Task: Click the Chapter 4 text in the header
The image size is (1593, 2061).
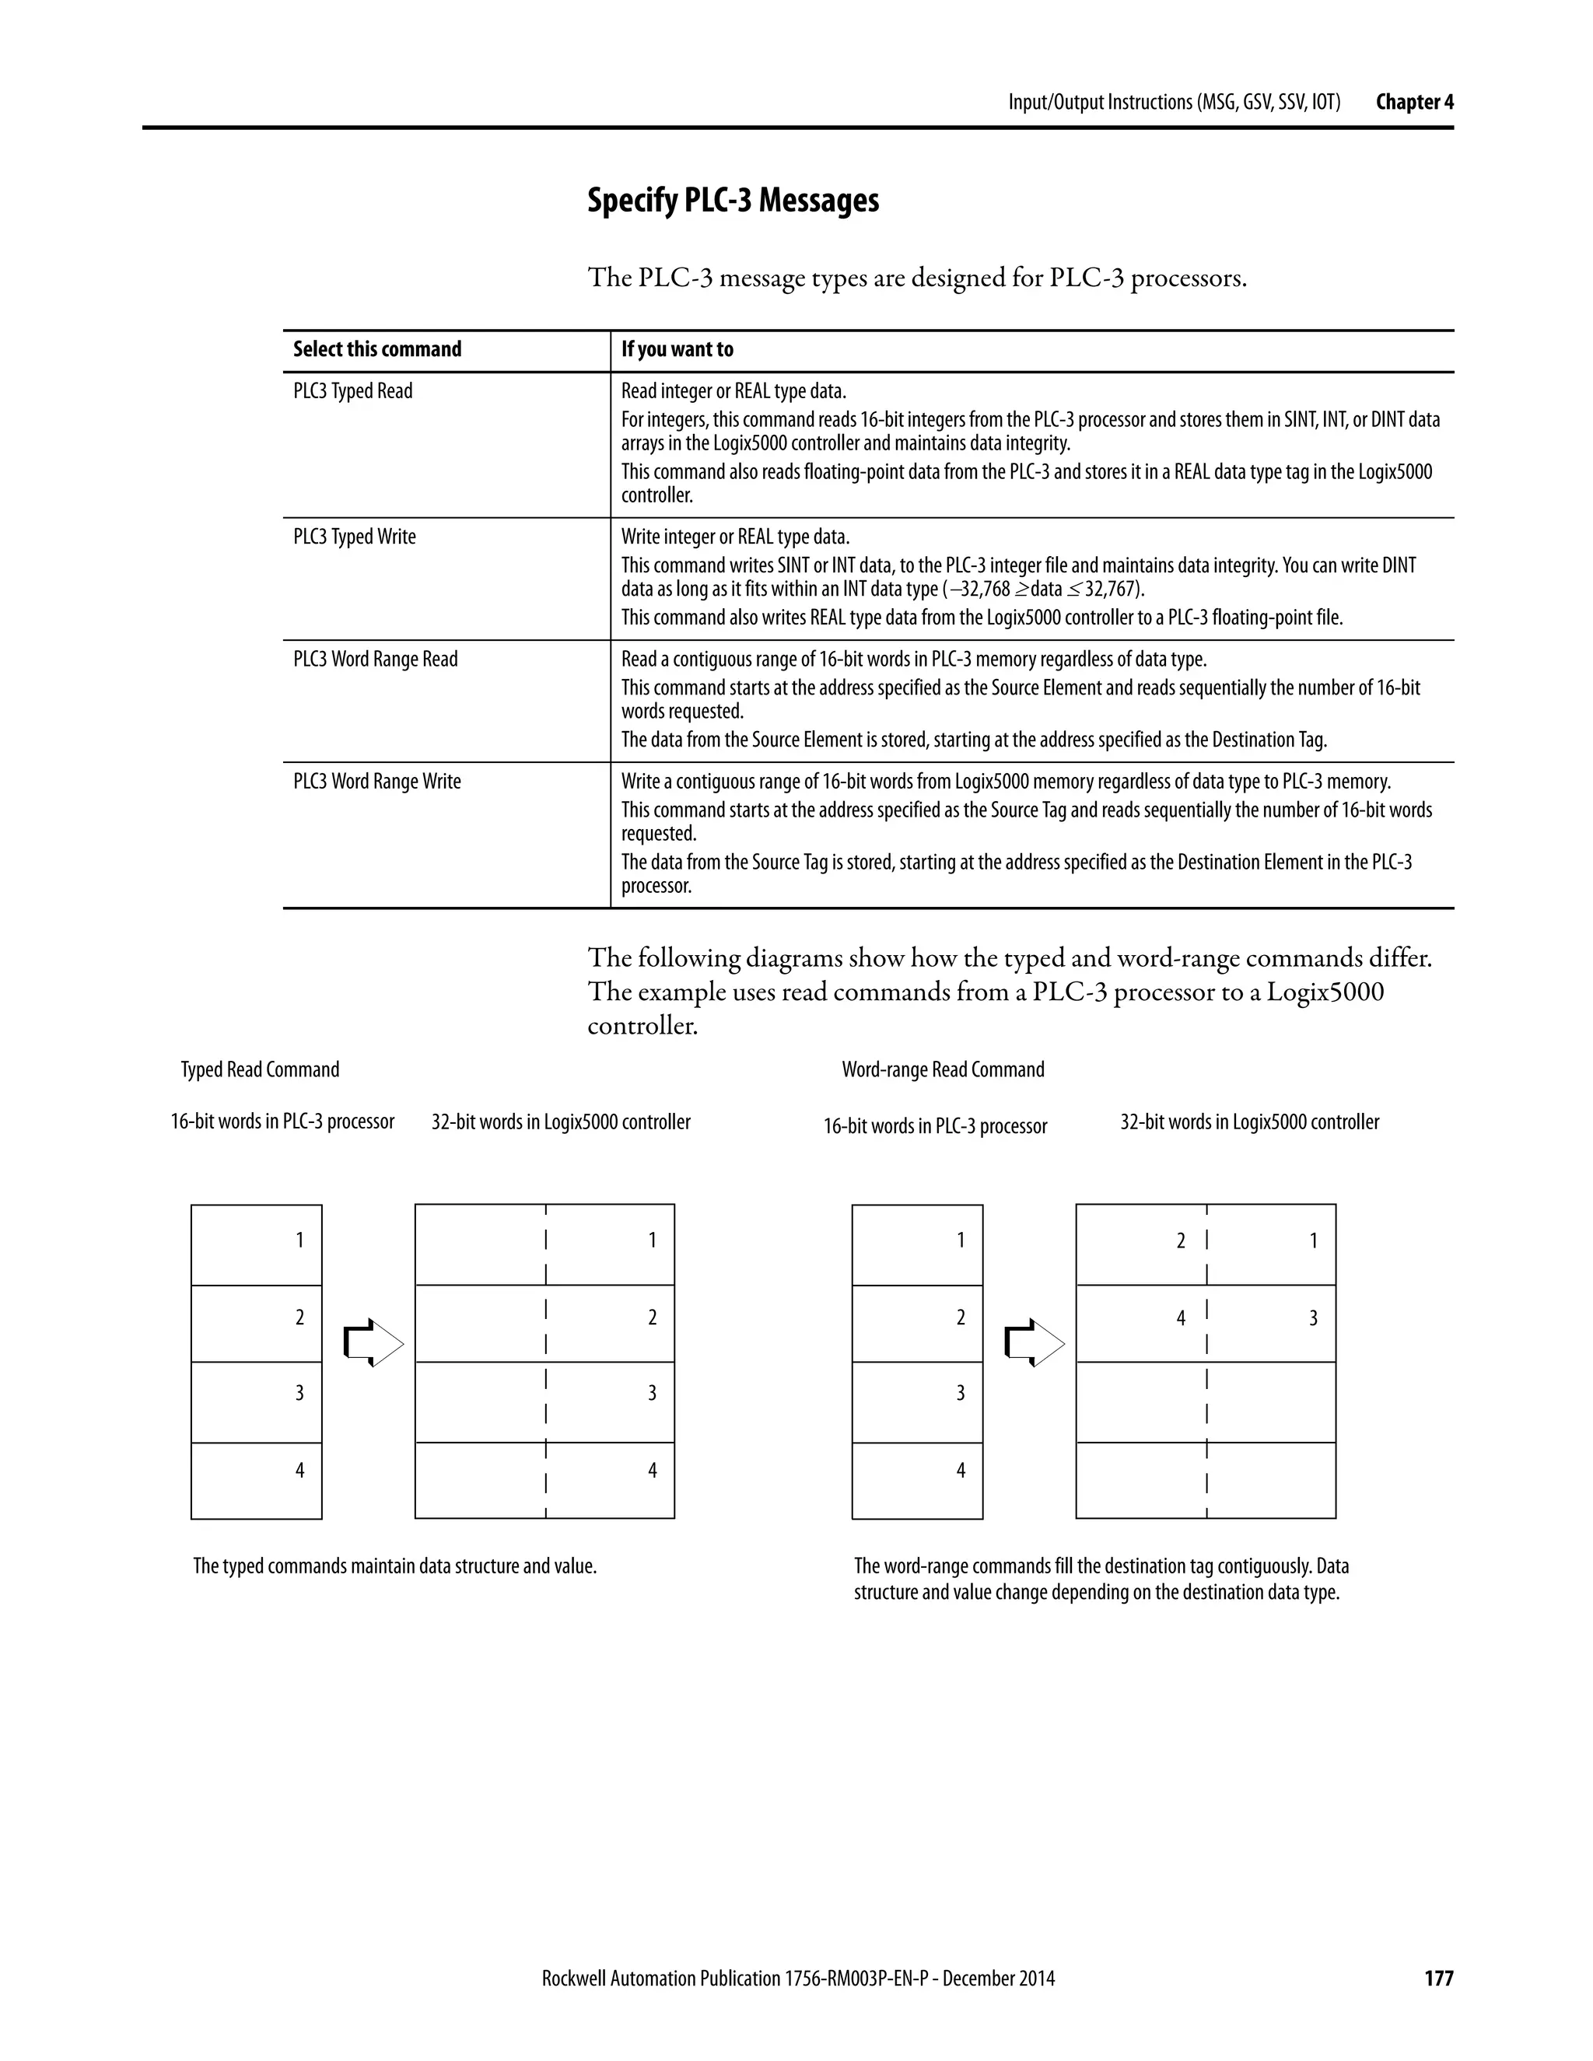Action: pyautogui.click(x=1413, y=102)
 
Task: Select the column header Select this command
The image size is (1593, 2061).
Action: pyautogui.click(x=376, y=349)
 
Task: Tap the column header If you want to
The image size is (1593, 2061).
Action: pyautogui.click(x=677, y=349)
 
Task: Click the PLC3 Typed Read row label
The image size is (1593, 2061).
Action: pyautogui.click(x=352, y=390)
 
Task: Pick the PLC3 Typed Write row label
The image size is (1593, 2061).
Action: pyautogui.click(x=354, y=537)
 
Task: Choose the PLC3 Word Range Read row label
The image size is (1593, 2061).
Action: pyautogui.click(x=375, y=659)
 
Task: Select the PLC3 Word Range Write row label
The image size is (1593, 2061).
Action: pyautogui.click(x=376, y=782)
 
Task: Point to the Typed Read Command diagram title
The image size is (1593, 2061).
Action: pyautogui.click(x=260, y=1069)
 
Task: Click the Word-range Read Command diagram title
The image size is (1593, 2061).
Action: pyautogui.click(x=943, y=1069)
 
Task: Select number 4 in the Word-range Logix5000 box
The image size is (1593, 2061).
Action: pyautogui.click(x=1180, y=1318)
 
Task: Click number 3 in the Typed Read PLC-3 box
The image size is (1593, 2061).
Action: pyautogui.click(x=299, y=1393)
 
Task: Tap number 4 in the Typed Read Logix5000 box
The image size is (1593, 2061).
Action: pyautogui.click(x=651, y=1470)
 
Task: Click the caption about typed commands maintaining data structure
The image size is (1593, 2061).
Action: pyautogui.click(x=394, y=1566)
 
